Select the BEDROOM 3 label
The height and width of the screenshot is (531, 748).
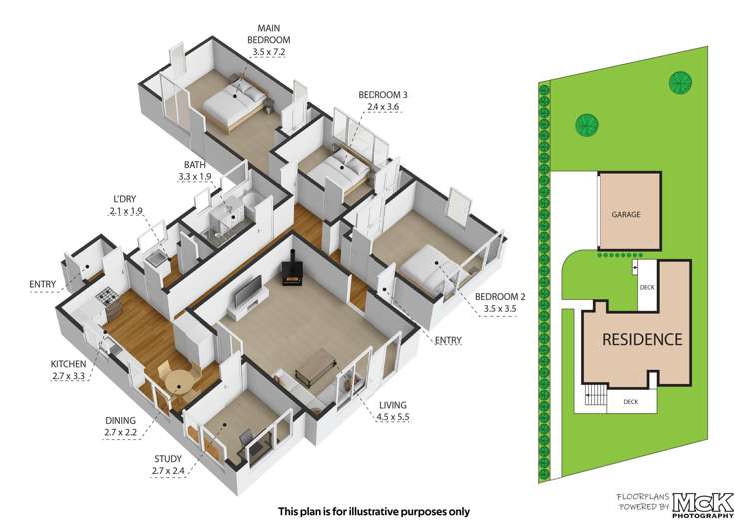pyautogui.click(x=383, y=95)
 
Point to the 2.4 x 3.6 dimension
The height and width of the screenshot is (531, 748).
pyautogui.click(x=383, y=108)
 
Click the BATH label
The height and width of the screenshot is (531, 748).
pyautogui.click(x=195, y=165)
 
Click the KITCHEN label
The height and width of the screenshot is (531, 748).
pyautogui.click(x=69, y=364)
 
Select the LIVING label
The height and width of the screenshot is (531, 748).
pyautogui.click(x=393, y=405)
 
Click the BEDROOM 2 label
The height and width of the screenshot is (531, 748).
pyautogui.click(x=499, y=297)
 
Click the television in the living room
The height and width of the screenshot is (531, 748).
pyautogui.click(x=247, y=293)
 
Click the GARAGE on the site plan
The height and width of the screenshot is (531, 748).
pyautogui.click(x=626, y=214)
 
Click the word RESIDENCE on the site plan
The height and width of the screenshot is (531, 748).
pyautogui.click(x=642, y=340)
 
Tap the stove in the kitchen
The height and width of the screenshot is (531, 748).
pyautogui.click(x=105, y=297)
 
